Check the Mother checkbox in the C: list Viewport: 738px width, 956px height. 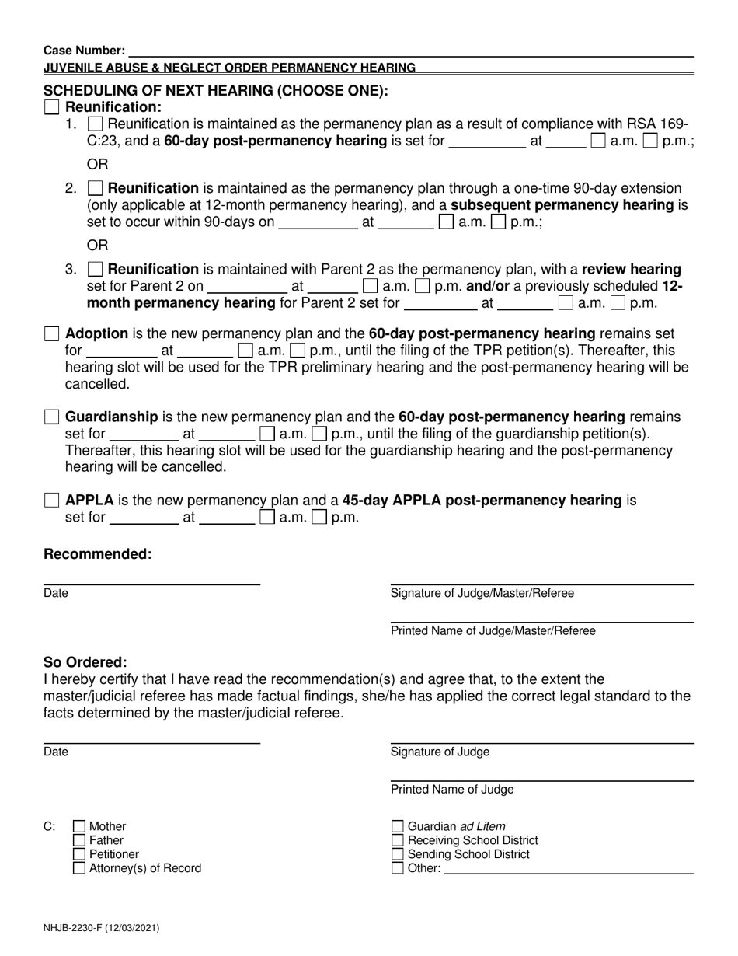point(79,826)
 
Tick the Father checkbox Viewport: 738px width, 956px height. point(79,840)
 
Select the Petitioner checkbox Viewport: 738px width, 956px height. point(79,854)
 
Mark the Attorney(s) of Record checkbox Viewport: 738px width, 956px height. point(79,868)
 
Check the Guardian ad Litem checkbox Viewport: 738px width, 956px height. point(398,826)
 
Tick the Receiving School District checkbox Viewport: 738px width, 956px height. point(398,840)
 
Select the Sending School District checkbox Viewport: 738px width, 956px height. point(398,854)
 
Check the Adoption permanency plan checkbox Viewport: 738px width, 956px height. point(51,333)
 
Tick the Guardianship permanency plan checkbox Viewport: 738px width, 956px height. point(51,417)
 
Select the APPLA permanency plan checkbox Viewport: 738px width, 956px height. point(51,501)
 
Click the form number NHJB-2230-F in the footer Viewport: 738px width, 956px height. point(102,927)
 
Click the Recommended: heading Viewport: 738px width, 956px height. point(98,554)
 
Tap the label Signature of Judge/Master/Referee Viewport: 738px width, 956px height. point(482,593)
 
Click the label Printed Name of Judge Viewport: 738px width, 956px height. point(452,790)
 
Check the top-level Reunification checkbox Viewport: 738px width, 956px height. point(51,107)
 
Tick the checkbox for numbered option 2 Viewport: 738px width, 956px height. point(95,188)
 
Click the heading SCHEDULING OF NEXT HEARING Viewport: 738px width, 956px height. point(216,90)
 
